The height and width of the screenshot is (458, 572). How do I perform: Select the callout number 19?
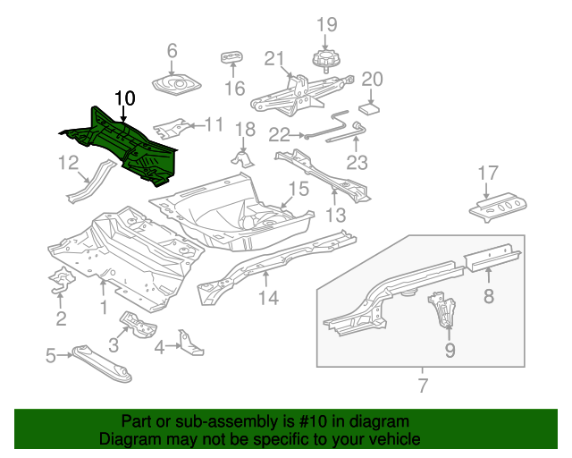[326, 25]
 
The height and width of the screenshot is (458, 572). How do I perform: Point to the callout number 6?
[172, 51]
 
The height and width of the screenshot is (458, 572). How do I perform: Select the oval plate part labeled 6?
[175, 86]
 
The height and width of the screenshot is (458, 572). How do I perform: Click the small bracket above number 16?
[233, 59]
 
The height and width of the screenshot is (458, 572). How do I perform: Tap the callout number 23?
[357, 162]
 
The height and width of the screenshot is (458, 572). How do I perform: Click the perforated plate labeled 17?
[496, 208]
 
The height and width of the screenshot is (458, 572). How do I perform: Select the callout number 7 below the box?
[423, 386]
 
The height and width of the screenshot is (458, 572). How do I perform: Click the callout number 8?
[489, 296]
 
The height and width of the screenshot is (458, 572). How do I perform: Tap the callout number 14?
[268, 298]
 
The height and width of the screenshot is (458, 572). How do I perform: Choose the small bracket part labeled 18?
[241, 159]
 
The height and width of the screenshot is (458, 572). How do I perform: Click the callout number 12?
[69, 162]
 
